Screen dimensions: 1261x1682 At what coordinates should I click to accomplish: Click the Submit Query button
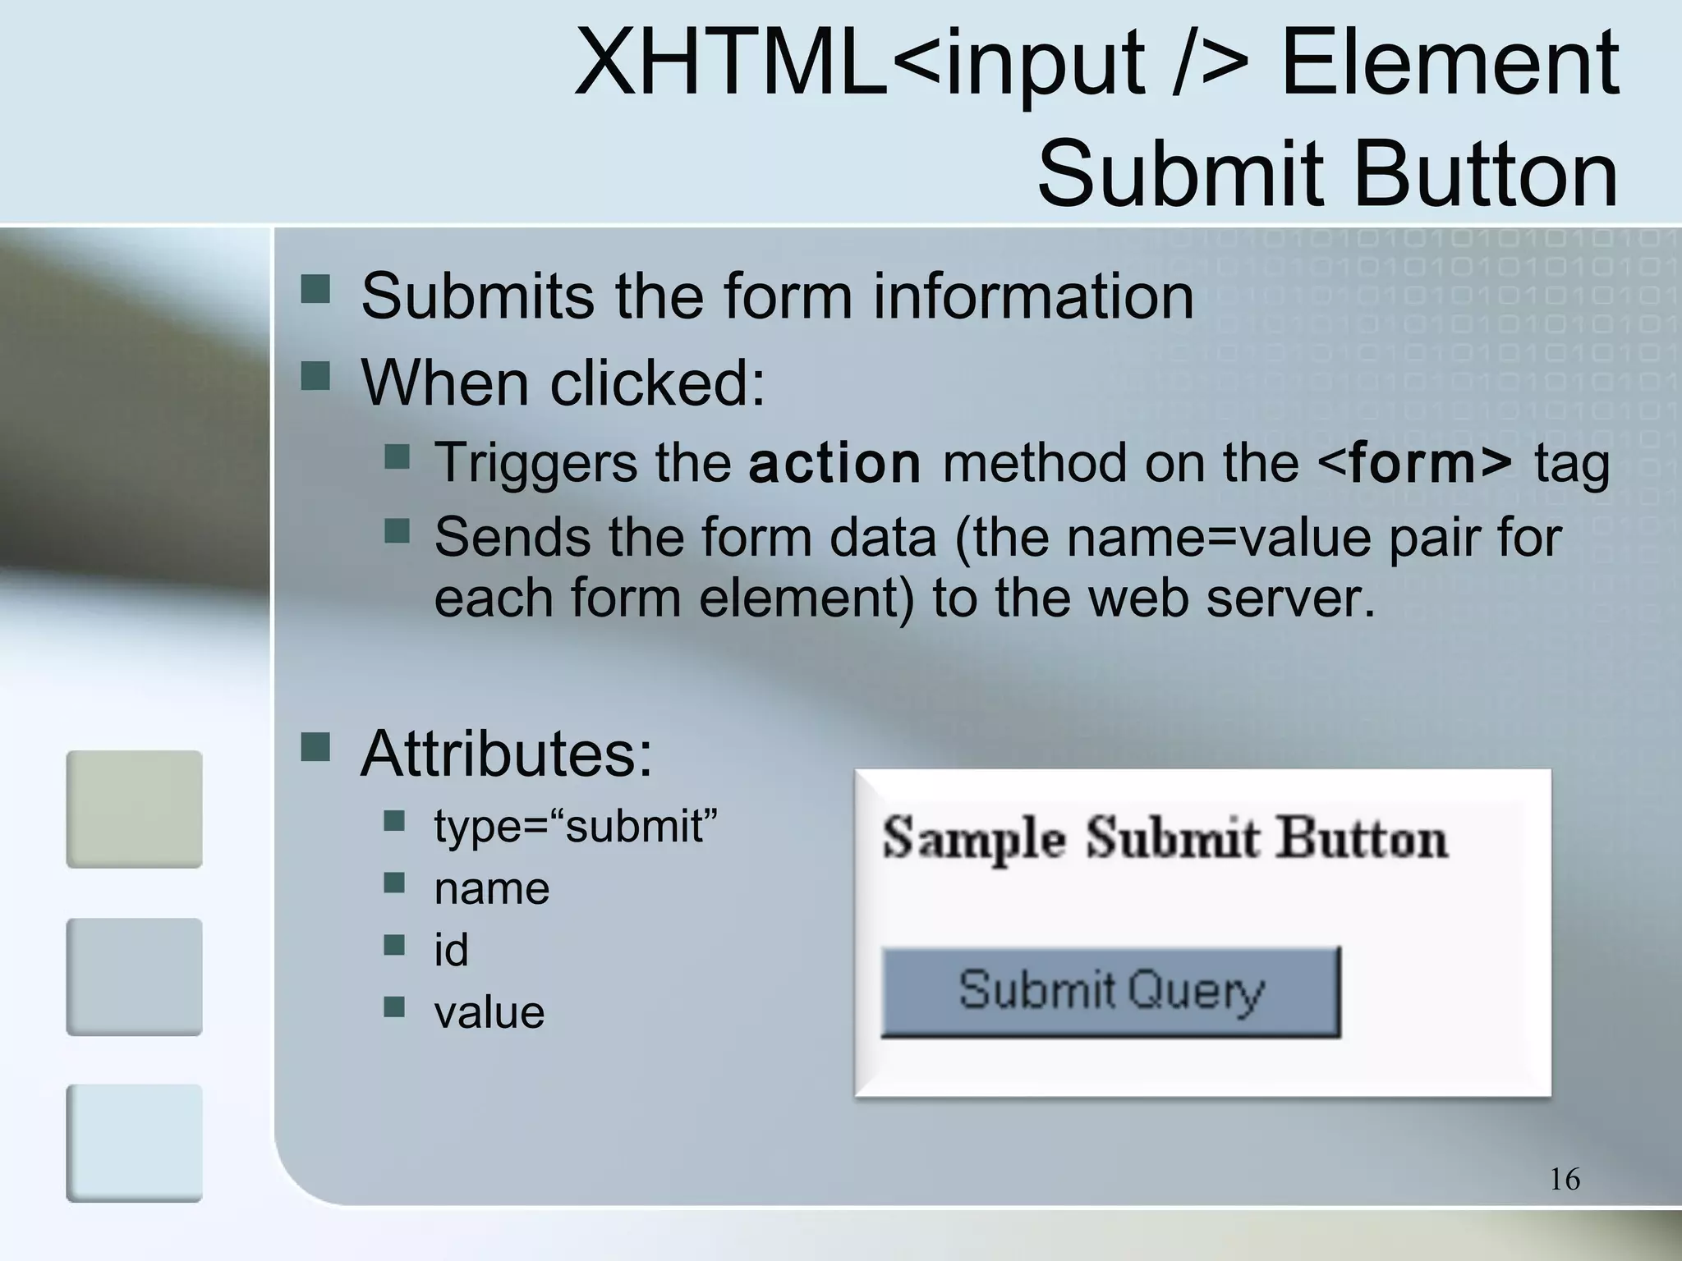coord(1110,991)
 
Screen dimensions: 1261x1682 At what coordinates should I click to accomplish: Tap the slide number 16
coord(1565,1179)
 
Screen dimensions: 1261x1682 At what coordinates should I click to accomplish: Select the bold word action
coord(834,463)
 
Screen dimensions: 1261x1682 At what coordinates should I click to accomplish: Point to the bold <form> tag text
coord(1414,463)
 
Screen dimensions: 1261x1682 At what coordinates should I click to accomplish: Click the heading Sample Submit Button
coord(1165,838)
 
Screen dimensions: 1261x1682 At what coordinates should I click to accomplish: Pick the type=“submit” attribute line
coord(575,826)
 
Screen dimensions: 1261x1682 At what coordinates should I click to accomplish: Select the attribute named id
coord(451,950)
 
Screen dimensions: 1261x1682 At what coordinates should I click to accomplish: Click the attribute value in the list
coord(489,1011)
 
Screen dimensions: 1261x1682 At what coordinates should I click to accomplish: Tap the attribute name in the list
coord(491,888)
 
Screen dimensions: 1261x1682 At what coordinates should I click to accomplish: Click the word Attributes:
coord(506,754)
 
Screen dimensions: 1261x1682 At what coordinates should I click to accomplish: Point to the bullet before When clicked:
coord(315,378)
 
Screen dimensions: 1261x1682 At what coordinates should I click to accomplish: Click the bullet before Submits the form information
coord(315,289)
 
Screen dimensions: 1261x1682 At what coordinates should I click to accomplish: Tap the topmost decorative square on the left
coord(134,809)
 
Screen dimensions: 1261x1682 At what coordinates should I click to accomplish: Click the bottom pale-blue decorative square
coord(134,1143)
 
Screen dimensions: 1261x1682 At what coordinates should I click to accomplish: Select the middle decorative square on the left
coord(134,976)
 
